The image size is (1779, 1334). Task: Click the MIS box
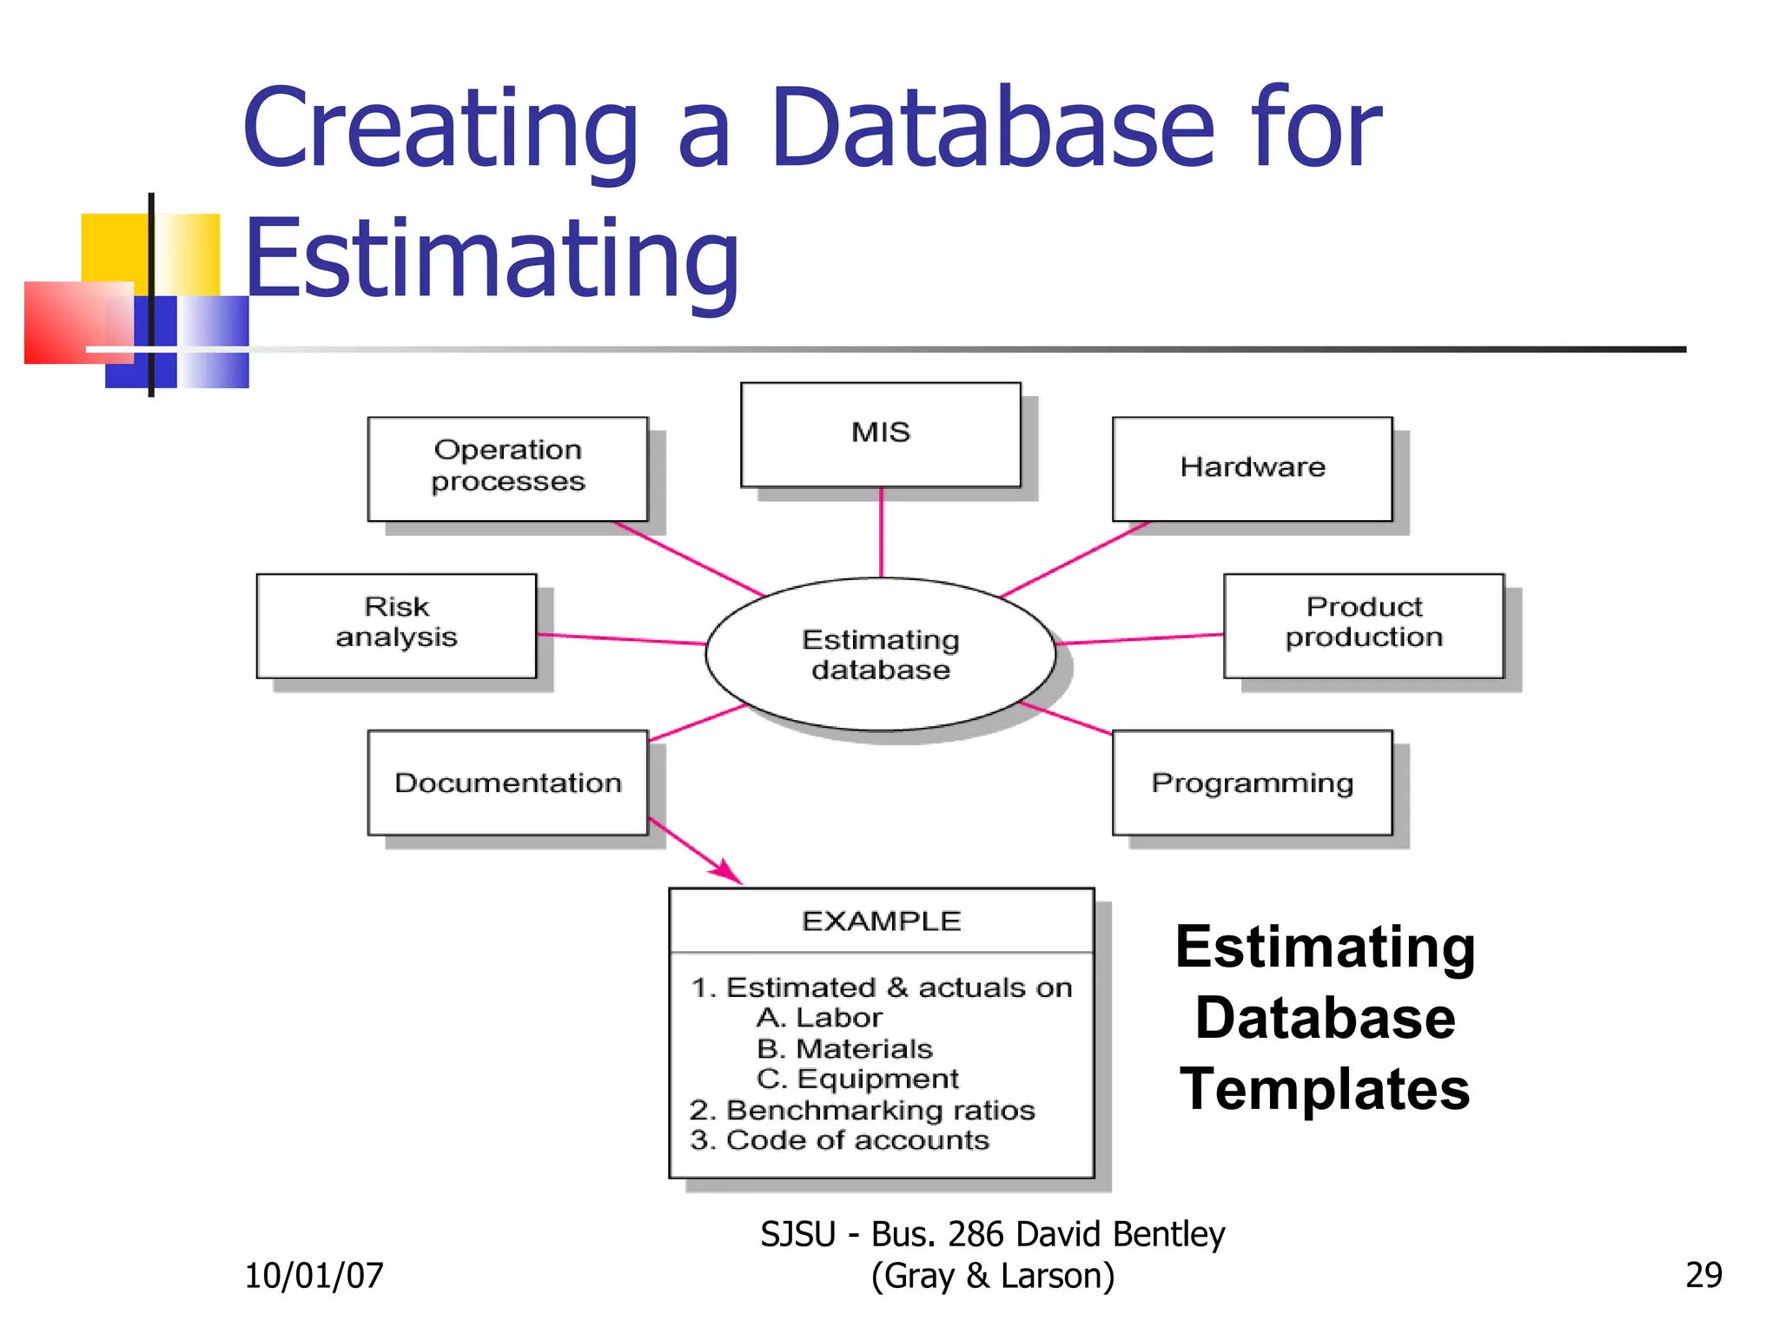[880, 434]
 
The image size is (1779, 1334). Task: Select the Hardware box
[1252, 469]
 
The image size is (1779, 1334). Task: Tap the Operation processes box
[507, 468]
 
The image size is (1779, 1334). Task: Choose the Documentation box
[507, 783]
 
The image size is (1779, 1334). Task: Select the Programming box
[1252, 783]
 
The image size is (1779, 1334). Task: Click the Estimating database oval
[880, 654]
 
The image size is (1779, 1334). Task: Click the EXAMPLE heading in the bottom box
[881, 921]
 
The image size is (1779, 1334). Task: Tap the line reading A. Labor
[819, 1018]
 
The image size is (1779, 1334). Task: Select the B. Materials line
[844, 1049]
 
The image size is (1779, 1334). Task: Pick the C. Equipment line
[857, 1079]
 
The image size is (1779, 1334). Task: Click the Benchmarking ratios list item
[863, 1110]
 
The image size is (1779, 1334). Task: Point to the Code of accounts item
[840, 1140]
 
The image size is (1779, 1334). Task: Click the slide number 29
[1703, 1275]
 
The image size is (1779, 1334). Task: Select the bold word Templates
[1324, 1089]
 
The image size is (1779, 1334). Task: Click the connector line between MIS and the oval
[881, 532]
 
